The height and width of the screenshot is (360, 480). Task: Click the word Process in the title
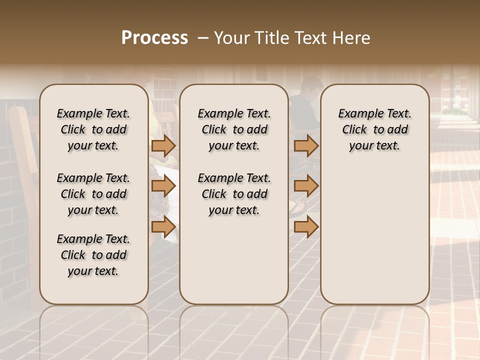[x=154, y=38]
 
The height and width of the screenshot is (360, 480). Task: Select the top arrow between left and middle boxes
[x=163, y=146]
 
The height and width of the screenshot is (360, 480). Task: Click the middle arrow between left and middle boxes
[x=163, y=186]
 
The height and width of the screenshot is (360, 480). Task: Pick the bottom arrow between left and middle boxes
[x=163, y=226]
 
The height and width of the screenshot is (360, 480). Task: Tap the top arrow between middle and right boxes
[x=306, y=146]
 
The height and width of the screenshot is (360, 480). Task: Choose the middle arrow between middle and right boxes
[x=306, y=186]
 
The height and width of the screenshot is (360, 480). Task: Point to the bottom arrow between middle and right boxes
[x=306, y=226]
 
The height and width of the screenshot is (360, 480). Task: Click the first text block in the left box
[x=93, y=129]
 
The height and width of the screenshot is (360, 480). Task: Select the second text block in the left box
[x=93, y=194]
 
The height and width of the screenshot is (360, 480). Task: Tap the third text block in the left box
[x=93, y=255]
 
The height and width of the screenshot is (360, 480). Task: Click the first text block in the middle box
[x=234, y=129]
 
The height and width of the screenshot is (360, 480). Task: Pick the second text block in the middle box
[x=234, y=194]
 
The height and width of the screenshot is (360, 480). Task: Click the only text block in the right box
[x=375, y=129]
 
